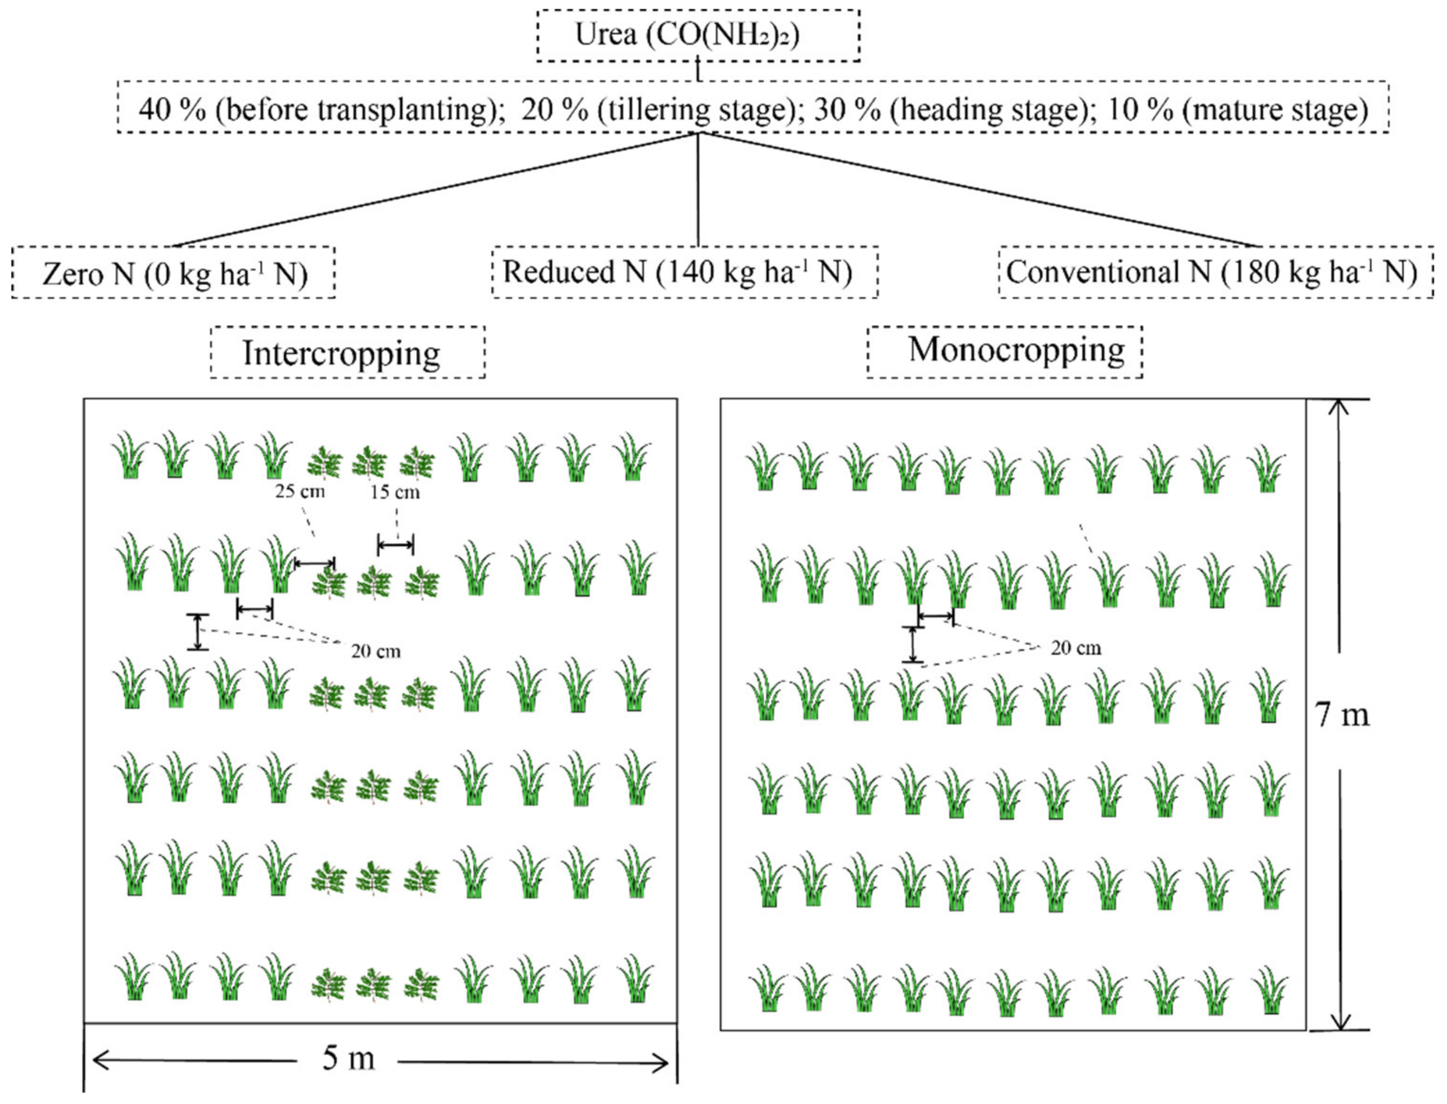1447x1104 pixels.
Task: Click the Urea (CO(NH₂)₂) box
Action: coord(698,36)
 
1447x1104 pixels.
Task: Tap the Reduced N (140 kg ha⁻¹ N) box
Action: coord(684,271)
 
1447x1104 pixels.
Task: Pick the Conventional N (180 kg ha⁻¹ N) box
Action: coord(1215,271)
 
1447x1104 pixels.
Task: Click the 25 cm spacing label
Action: coord(300,491)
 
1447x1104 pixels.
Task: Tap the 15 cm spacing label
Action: coord(395,492)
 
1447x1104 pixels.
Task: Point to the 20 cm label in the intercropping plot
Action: coord(375,651)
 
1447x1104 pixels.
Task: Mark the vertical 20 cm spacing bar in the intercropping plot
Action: coord(197,632)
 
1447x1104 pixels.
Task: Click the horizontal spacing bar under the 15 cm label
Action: coord(395,544)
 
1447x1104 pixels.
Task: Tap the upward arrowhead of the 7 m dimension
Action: coord(1339,407)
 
